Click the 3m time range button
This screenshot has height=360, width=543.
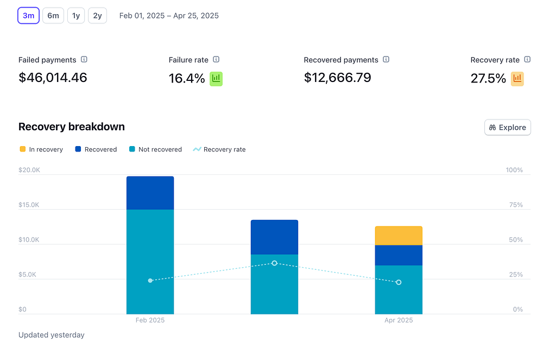[28, 16]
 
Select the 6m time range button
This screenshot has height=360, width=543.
[53, 16]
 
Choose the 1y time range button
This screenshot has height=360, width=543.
[76, 16]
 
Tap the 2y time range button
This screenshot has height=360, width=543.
[97, 16]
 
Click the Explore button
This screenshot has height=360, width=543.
[507, 128]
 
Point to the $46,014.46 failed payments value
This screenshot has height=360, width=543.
[53, 78]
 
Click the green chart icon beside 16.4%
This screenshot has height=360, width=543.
[216, 79]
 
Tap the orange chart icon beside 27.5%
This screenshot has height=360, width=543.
[517, 79]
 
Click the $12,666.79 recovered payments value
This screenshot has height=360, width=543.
[337, 78]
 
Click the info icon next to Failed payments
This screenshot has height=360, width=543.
[84, 60]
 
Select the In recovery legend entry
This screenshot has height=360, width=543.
[41, 149]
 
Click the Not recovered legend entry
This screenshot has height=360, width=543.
[155, 149]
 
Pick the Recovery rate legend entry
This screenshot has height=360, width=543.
[219, 149]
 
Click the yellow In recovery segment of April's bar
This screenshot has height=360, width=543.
[399, 236]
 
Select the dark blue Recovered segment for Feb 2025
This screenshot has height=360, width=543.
[150, 193]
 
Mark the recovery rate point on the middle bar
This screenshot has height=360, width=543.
[274, 263]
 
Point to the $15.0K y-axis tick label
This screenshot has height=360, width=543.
[29, 205]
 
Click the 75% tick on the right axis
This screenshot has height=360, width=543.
[514, 205]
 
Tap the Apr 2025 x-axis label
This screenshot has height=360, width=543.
[399, 320]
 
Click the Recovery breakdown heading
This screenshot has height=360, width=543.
[72, 127]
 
